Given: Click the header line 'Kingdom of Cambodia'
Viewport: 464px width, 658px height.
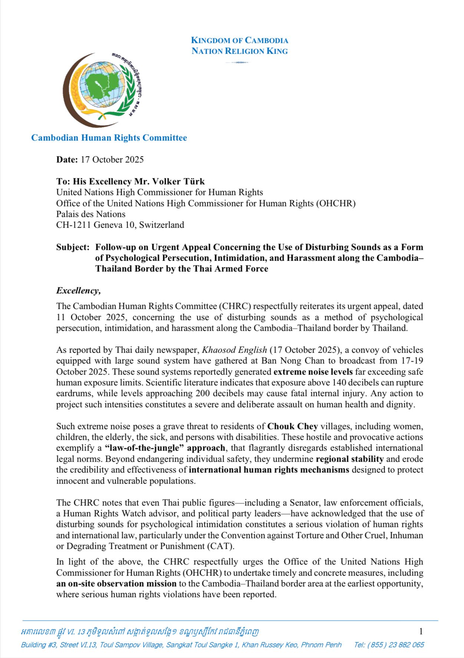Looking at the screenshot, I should pyautogui.click(x=239, y=40).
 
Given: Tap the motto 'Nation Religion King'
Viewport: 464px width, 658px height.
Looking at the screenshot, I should pyautogui.click(x=239, y=51).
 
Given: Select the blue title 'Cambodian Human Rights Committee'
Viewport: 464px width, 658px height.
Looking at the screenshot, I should pyautogui.click(x=109, y=138).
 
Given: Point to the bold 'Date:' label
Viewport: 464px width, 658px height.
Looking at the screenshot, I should pyautogui.click(x=67, y=159).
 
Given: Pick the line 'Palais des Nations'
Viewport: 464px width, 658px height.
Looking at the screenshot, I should pyautogui.click(x=91, y=214).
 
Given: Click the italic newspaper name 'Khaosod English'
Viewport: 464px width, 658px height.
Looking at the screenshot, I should pyautogui.click(x=234, y=350).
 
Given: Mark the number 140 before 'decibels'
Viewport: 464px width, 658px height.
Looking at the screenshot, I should pyautogui.click(x=339, y=382).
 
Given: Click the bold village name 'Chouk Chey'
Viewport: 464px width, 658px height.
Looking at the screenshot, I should pyautogui.click(x=292, y=426).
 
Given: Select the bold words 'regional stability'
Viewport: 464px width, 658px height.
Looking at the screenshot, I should pyautogui.click(x=349, y=459).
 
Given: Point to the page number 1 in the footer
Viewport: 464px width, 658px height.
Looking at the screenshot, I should pyautogui.click(x=421, y=631).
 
